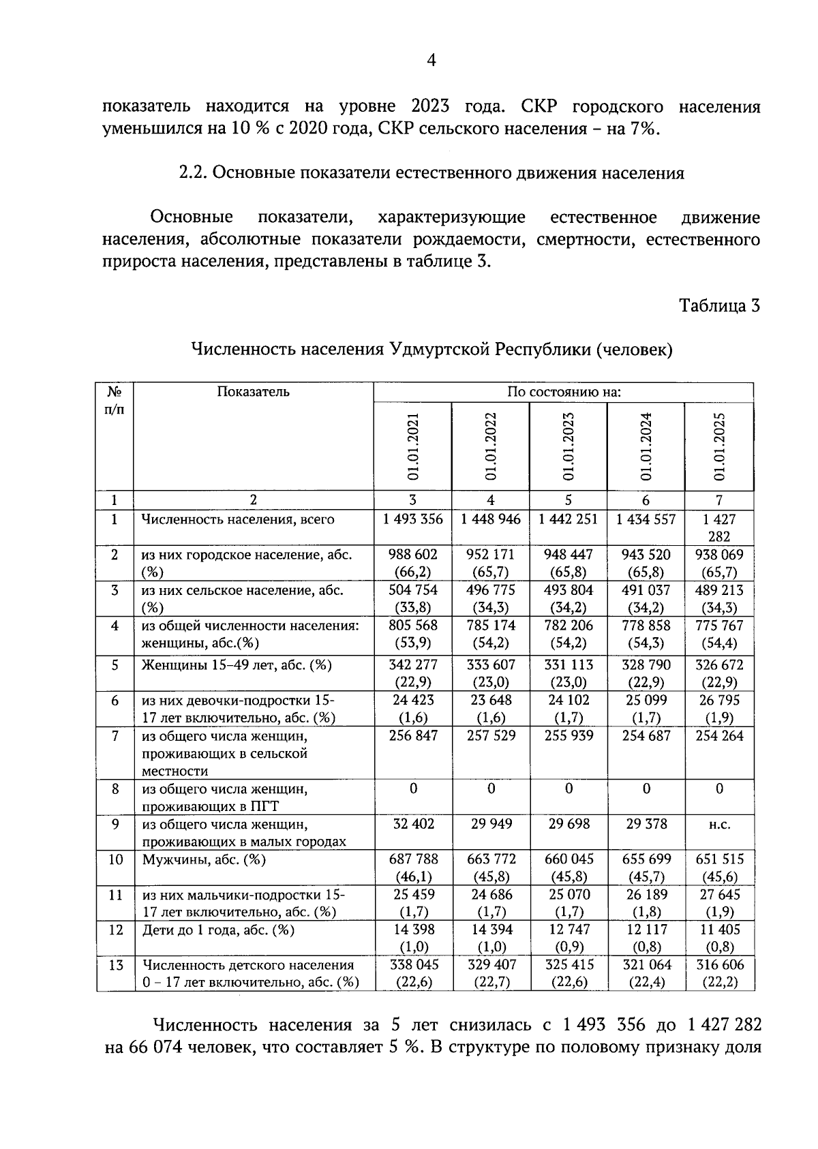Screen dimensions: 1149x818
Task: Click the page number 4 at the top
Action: (431, 61)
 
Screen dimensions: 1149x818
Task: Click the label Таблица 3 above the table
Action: (719, 305)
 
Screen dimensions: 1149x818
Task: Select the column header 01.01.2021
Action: (412, 446)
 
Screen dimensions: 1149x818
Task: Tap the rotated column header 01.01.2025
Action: (719, 446)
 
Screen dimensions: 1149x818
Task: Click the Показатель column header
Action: (253, 392)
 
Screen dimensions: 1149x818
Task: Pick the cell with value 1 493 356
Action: (412, 519)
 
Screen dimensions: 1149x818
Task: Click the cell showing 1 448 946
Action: (490, 519)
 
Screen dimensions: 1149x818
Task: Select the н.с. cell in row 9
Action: (719, 825)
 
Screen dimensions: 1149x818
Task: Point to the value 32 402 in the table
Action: (412, 824)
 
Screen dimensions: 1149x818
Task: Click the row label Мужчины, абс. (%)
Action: (204, 859)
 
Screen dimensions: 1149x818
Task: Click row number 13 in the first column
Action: (115, 965)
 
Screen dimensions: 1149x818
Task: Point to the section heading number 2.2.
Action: (192, 173)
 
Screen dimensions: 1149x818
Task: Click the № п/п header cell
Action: (115, 401)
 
